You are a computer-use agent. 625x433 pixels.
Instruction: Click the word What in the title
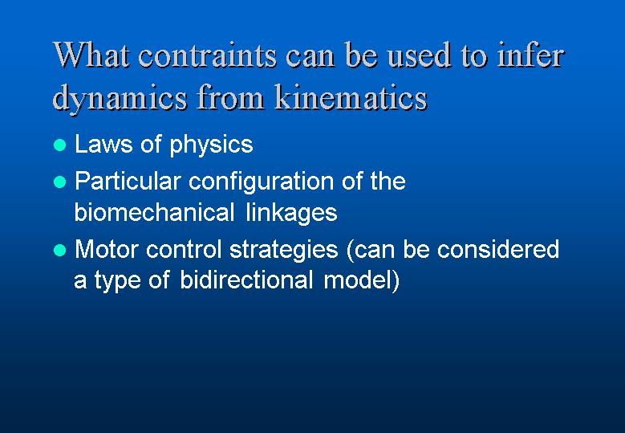click(91, 55)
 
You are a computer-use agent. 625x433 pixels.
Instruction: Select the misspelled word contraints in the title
click(207, 55)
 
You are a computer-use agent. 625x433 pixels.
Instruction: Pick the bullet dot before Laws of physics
click(60, 145)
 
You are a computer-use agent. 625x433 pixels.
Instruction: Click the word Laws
click(103, 144)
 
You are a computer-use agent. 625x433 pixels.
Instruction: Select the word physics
click(211, 146)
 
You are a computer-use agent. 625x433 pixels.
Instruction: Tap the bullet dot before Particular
click(60, 182)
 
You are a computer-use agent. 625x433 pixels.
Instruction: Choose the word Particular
click(128, 182)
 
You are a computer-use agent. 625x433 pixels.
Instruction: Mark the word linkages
click(292, 214)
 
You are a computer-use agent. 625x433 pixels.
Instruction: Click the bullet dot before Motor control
click(60, 250)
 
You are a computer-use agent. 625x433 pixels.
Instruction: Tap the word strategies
click(284, 251)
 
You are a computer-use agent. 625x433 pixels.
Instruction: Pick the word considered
click(498, 249)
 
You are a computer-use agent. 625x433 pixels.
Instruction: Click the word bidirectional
click(246, 280)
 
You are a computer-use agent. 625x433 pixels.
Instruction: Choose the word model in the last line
click(356, 280)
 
